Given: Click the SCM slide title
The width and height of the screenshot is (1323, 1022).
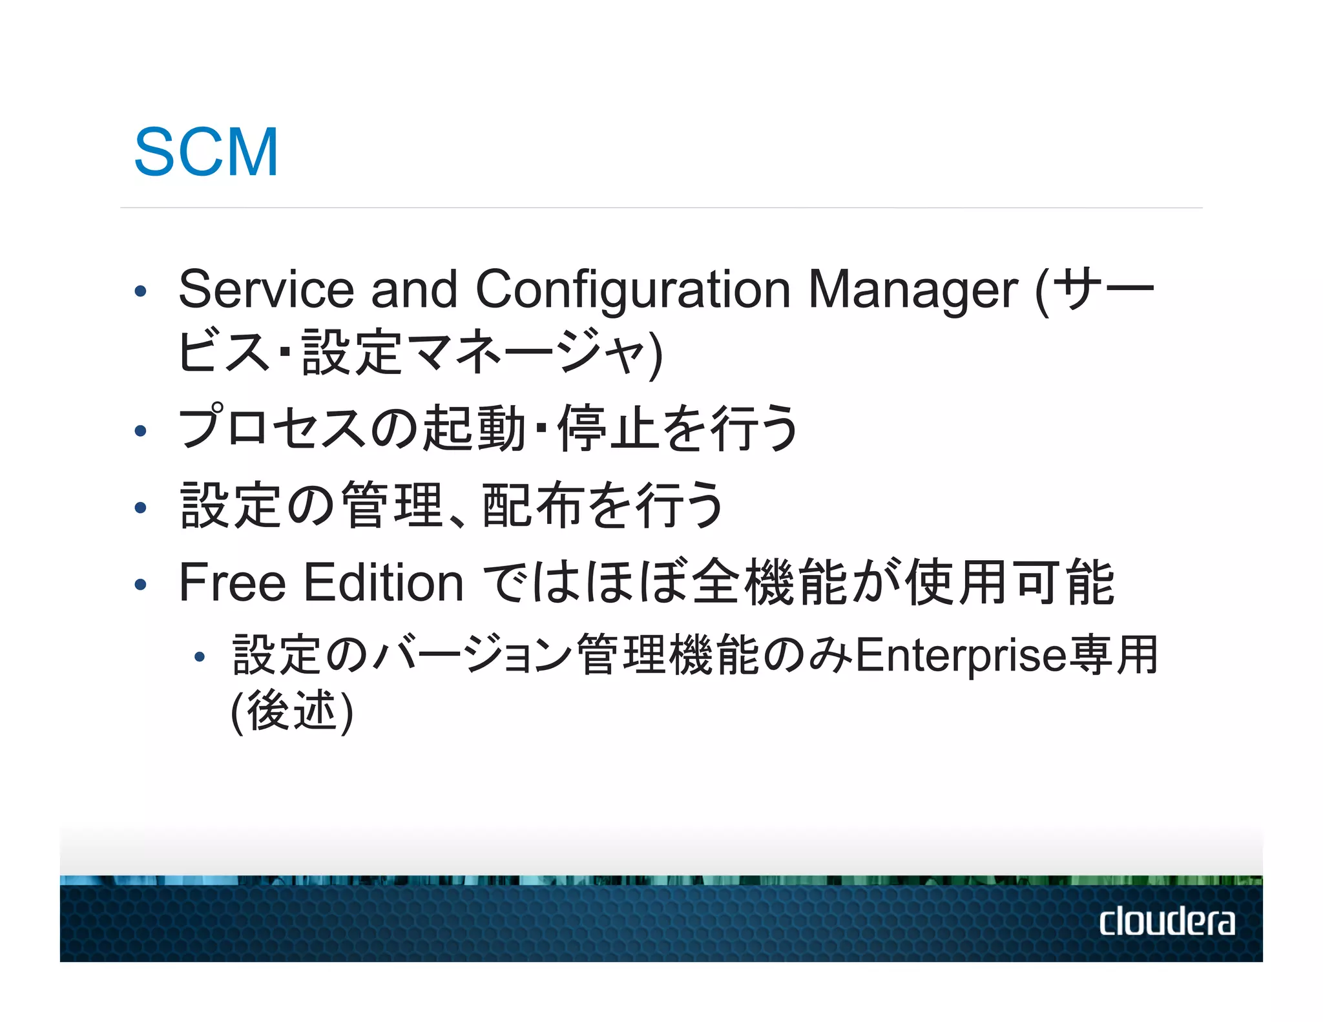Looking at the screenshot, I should (x=206, y=152).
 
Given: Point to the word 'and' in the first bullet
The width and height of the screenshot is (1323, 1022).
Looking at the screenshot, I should (x=414, y=289).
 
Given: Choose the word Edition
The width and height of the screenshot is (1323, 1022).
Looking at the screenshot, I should (x=384, y=582).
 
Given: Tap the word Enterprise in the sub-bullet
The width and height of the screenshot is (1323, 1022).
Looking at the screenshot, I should (x=961, y=655).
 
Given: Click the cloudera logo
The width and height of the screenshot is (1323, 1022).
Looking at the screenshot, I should (x=1167, y=921).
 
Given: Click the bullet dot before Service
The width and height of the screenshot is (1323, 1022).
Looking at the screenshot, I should (x=140, y=291).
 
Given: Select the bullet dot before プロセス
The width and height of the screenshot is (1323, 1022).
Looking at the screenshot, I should (x=140, y=431).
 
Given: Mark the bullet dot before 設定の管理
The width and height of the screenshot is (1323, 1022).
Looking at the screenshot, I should (x=140, y=508).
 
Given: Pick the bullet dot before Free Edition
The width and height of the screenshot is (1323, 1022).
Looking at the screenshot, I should (x=140, y=585).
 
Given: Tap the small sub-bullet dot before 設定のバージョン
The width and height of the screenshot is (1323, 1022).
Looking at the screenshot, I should (x=200, y=658).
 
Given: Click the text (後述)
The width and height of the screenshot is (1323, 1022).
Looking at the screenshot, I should (x=292, y=711).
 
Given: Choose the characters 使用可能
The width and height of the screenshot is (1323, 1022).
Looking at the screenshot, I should (x=1010, y=582).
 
